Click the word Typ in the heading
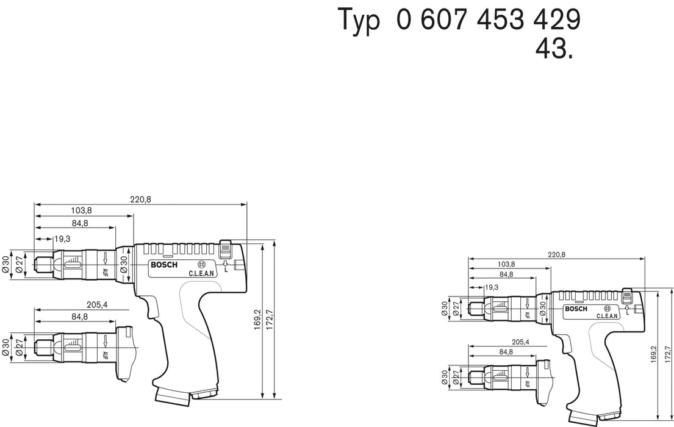(359, 21)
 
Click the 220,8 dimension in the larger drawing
(140, 199)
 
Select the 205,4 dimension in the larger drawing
(93, 304)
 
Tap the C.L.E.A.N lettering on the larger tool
(201, 274)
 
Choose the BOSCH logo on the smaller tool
(576, 309)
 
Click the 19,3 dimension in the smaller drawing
(492, 287)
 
